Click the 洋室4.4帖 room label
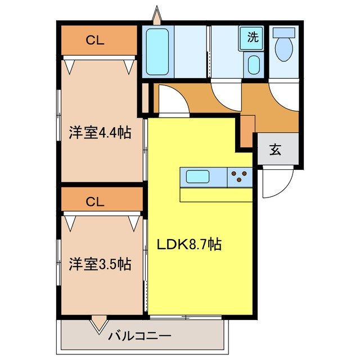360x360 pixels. [x=100, y=133]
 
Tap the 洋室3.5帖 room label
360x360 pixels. [x=100, y=264]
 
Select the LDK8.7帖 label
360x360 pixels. [x=189, y=244]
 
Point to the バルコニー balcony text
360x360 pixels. [x=140, y=336]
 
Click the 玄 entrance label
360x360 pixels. [x=275, y=150]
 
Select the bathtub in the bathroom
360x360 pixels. [x=157, y=52]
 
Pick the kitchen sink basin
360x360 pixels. [x=197, y=177]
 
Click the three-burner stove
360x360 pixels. [x=240, y=177]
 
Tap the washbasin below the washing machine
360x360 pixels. [x=254, y=65]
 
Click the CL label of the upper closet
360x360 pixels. [x=95, y=40]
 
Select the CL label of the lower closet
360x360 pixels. [x=95, y=202]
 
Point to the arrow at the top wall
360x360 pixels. [x=157, y=15]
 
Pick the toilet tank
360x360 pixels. [x=284, y=33]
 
